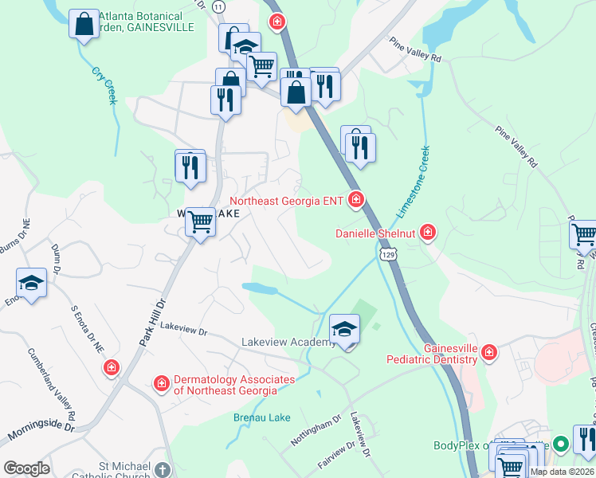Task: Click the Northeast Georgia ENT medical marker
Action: (x=356, y=200)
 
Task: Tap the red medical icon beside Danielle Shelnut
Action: (x=428, y=233)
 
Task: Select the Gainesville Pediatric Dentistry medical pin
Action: (x=488, y=351)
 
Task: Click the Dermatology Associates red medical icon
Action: (x=162, y=384)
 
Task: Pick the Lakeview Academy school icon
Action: (x=345, y=329)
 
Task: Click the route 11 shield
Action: (x=219, y=6)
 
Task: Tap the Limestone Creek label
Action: (x=414, y=182)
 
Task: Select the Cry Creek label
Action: (x=105, y=86)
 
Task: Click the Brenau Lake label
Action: (x=261, y=417)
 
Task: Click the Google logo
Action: (x=26, y=468)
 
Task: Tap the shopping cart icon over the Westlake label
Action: (x=201, y=221)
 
